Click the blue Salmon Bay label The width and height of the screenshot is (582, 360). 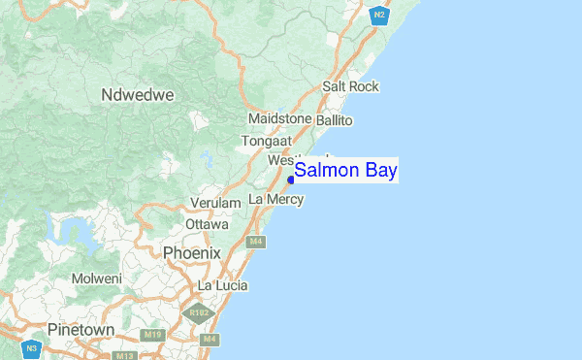[x=345, y=172]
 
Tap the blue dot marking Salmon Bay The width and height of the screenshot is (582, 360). [x=291, y=180]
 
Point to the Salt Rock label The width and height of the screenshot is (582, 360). [x=351, y=86]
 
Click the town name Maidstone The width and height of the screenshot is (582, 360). [x=279, y=118]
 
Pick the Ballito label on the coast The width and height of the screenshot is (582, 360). [x=335, y=120]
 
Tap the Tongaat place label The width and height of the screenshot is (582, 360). [x=267, y=140]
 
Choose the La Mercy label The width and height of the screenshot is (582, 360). [x=276, y=199]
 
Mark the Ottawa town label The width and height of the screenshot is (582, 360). [x=207, y=224]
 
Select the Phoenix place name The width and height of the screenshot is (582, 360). [x=192, y=252]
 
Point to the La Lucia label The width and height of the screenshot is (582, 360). [x=222, y=285]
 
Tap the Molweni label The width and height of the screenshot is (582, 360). [x=97, y=278]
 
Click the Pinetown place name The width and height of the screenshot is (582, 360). [x=81, y=330]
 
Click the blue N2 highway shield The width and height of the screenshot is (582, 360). [x=379, y=14]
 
